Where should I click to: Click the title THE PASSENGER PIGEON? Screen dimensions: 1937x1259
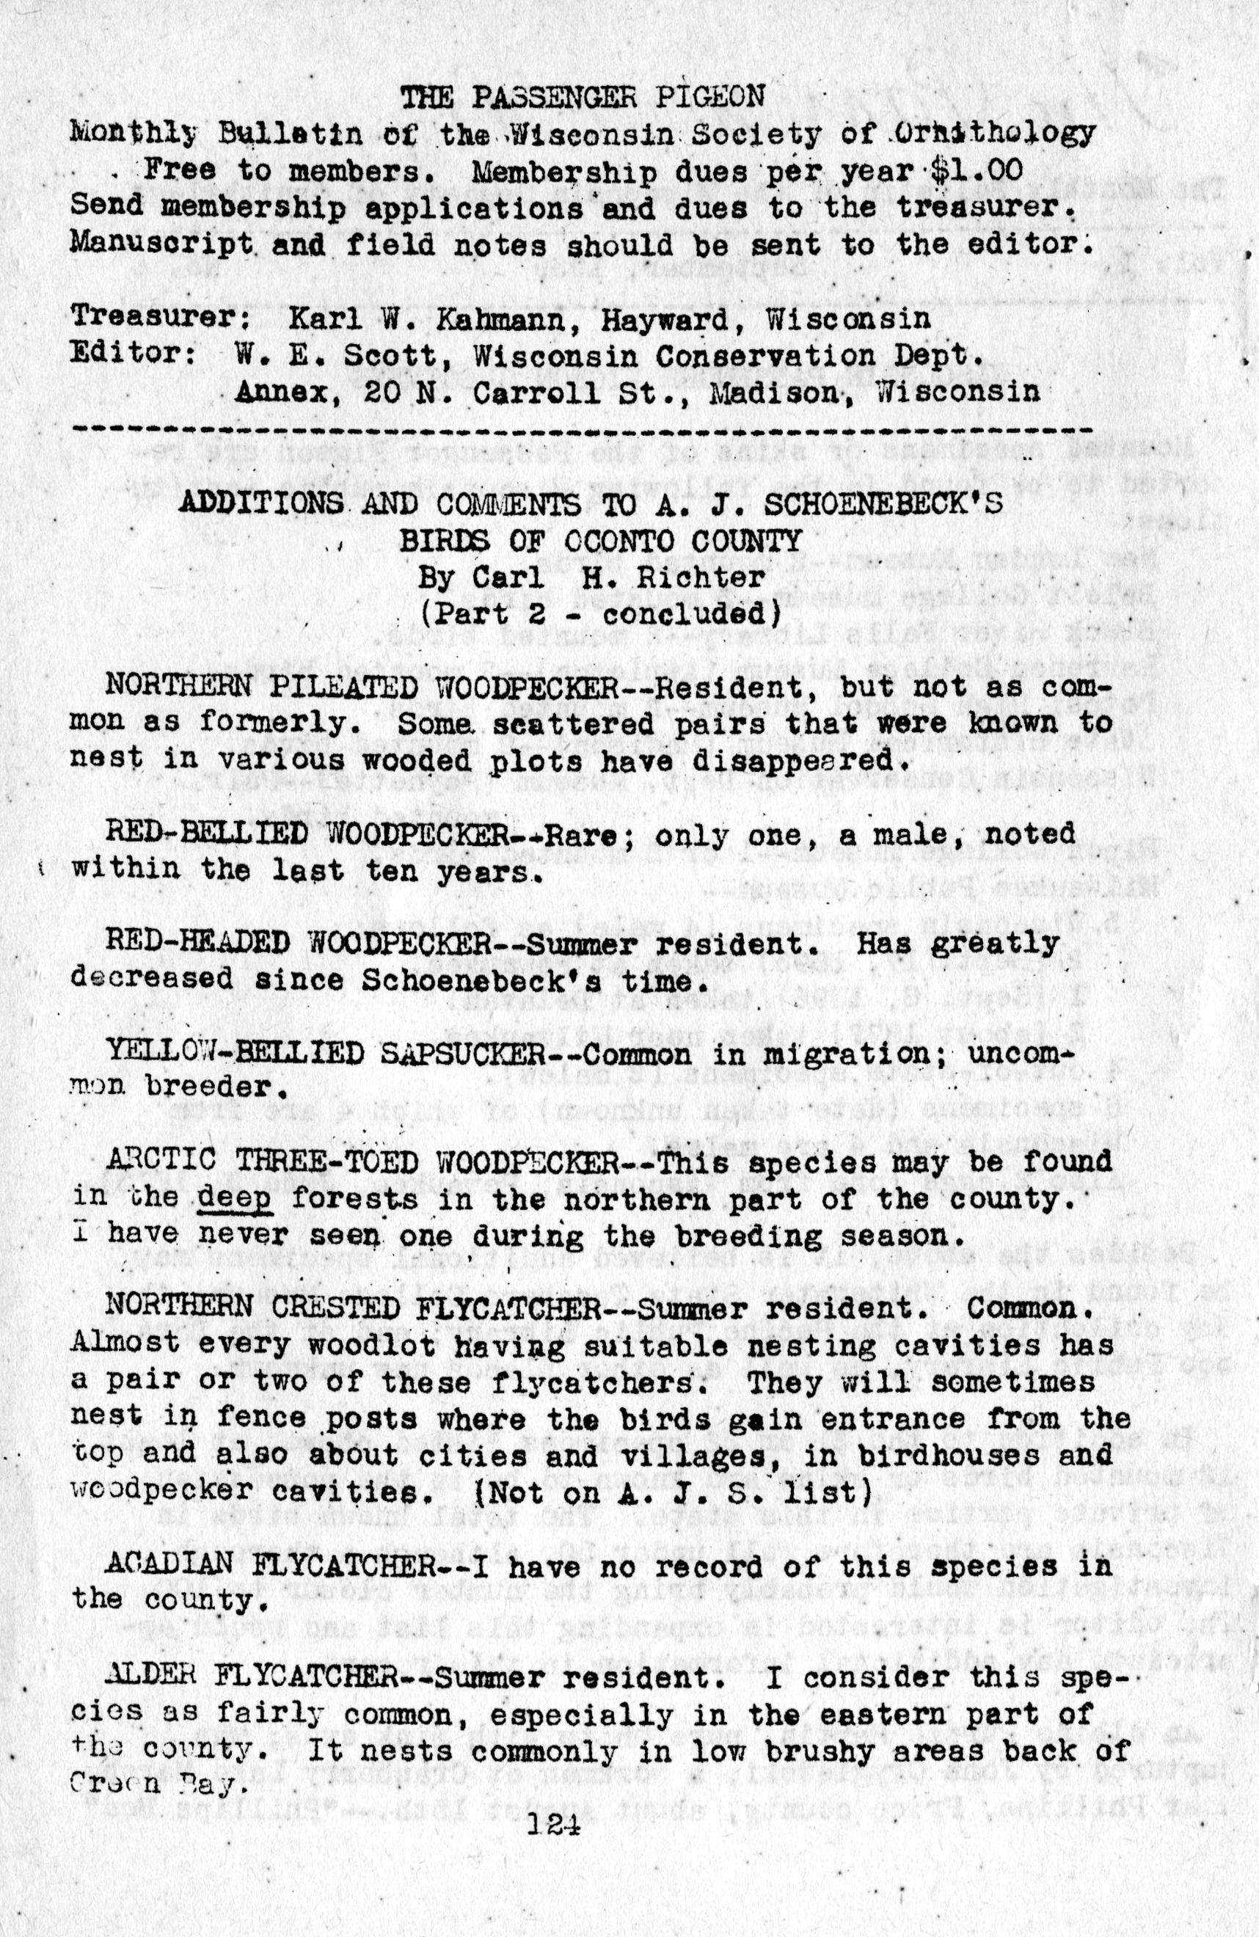(x=583, y=98)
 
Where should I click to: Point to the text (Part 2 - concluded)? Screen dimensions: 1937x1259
(x=595, y=612)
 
